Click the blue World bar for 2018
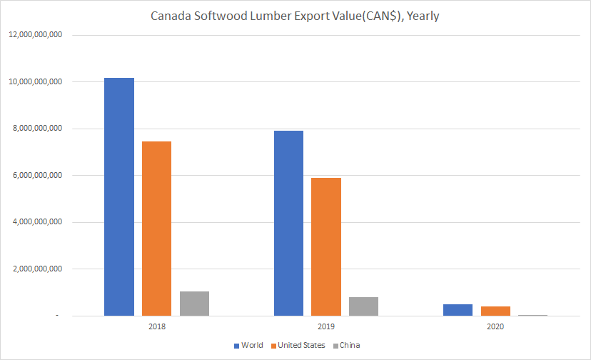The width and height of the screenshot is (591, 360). click(118, 196)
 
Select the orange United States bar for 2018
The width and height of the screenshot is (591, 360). click(156, 229)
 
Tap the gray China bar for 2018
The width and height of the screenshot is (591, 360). click(194, 304)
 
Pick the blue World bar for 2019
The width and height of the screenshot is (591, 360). click(288, 223)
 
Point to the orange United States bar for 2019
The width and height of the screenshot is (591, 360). click(326, 246)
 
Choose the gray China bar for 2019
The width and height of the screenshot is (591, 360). click(363, 306)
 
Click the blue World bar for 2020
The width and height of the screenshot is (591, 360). click(458, 310)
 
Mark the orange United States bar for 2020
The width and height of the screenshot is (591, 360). click(495, 311)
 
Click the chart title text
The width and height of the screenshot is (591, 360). click(295, 16)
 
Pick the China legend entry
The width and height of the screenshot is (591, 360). click(350, 346)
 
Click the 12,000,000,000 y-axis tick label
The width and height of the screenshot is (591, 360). click(34, 35)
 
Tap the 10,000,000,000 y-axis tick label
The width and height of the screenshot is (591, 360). click(34, 82)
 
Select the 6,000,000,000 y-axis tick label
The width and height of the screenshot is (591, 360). click(36, 176)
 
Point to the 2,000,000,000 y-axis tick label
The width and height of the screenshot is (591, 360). click(36, 269)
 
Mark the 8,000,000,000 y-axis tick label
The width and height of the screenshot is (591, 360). click(36, 129)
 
